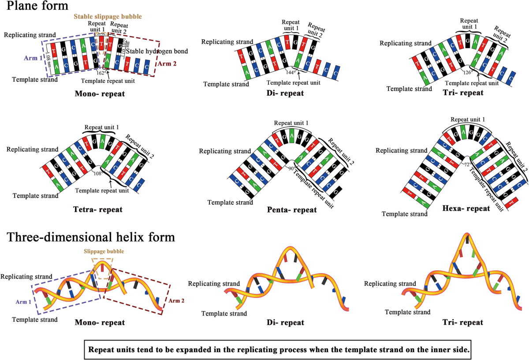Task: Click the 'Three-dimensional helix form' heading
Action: point(91,237)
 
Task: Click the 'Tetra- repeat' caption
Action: point(97,209)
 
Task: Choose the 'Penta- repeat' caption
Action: point(292,210)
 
